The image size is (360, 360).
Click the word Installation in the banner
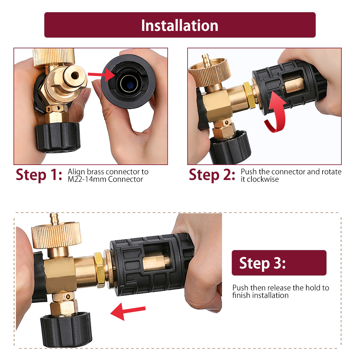tap(180, 25)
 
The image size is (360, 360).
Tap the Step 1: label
tap(39, 175)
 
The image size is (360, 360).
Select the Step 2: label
tap(212, 175)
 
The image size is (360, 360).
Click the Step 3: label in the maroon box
tap(262, 263)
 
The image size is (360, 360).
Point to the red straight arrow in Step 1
tap(101, 75)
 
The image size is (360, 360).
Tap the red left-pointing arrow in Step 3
tap(128, 311)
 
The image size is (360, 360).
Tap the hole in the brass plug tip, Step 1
tap(75, 76)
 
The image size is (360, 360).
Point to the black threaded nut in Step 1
tap(58, 137)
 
